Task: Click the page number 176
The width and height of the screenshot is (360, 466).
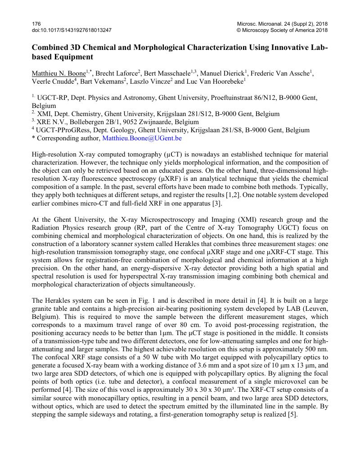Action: click(36, 23)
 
